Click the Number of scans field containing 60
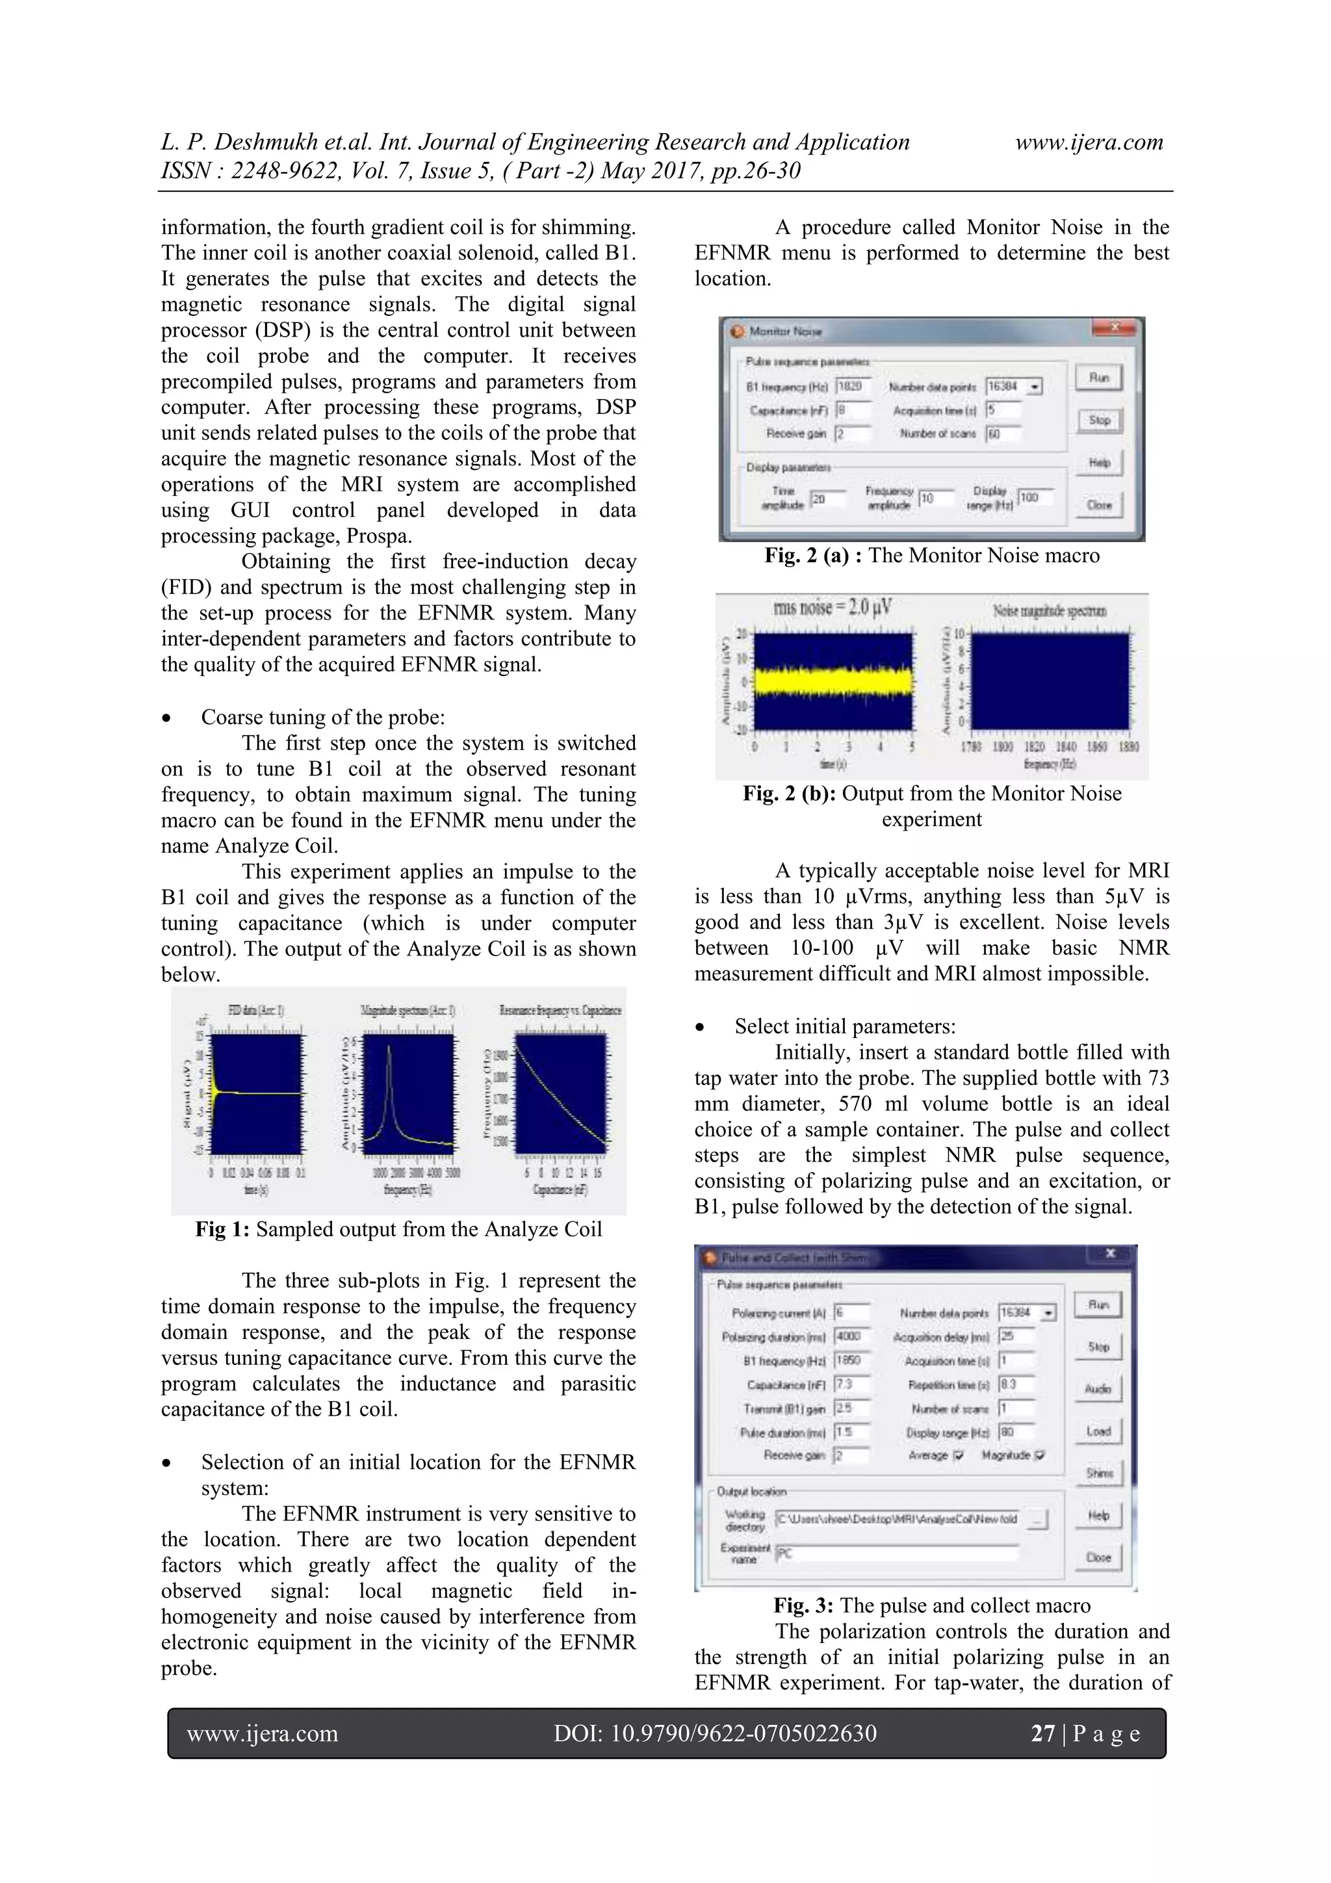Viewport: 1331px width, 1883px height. pyautogui.click(x=1002, y=434)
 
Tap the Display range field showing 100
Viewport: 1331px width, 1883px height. pyautogui.click(x=1034, y=498)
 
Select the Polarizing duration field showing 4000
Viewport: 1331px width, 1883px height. pyautogui.click(x=851, y=1336)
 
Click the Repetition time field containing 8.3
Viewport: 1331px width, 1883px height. pyautogui.click(x=1015, y=1384)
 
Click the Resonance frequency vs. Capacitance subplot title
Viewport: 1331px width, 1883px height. pyautogui.click(x=560, y=1010)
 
